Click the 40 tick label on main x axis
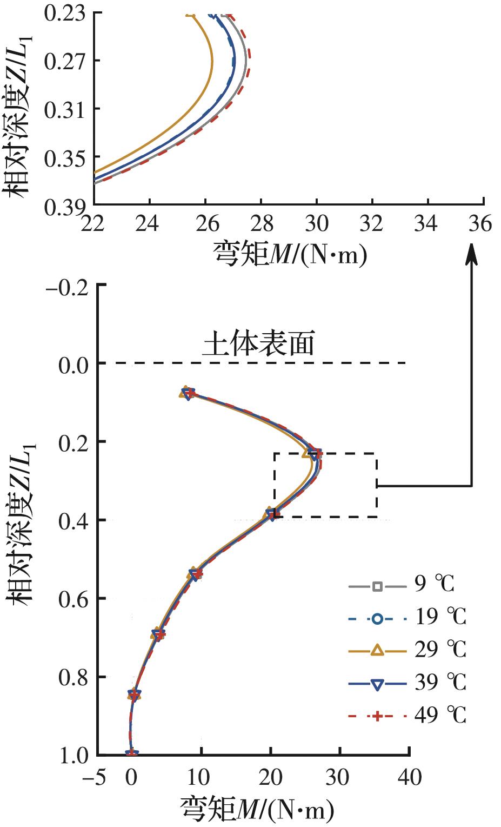coord(409,777)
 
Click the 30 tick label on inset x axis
coord(317,223)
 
